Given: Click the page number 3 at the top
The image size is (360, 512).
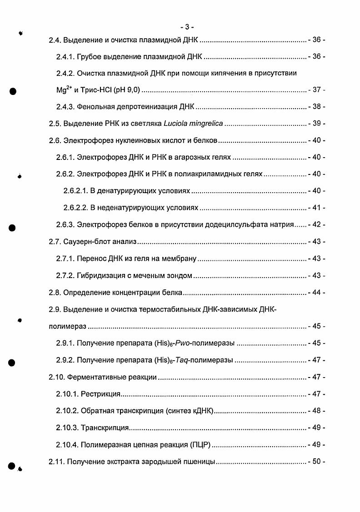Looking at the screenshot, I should click(x=187, y=26).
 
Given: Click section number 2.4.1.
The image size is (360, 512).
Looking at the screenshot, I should click(x=65, y=57).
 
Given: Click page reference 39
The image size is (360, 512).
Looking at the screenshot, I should click(x=316, y=124).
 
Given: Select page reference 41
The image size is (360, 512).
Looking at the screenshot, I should click(x=316, y=208).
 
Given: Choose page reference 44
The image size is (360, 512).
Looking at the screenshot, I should click(x=316, y=293).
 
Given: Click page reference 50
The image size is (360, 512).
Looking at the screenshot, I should click(x=316, y=462).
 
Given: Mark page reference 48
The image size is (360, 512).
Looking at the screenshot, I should click(x=316, y=411).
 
